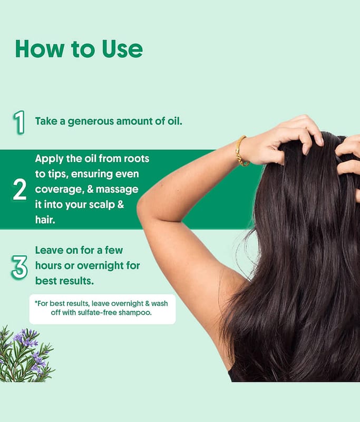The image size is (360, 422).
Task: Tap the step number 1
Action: click(x=19, y=122)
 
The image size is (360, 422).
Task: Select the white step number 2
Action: click(x=20, y=189)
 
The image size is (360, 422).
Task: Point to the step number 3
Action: click(x=20, y=267)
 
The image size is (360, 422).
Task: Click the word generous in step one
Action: click(x=91, y=122)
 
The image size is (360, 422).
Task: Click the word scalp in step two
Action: click(x=102, y=205)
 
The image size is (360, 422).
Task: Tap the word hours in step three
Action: click(x=48, y=266)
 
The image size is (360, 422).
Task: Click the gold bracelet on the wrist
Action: click(x=241, y=151)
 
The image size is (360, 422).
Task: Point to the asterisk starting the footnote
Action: click(x=36, y=302)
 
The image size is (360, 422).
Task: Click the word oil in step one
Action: click(x=175, y=121)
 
